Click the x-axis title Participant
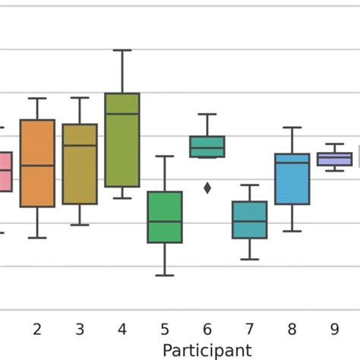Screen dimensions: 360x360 tap(207, 349)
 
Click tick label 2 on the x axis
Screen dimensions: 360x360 tap(36, 329)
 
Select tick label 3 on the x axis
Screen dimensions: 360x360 tap(79, 329)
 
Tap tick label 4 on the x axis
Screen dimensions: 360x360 tap(122, 329)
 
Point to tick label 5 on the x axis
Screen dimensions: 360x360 tap(165, 329)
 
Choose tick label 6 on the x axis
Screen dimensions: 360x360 tap(207, 329)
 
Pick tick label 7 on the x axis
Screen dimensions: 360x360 tap(250, 329)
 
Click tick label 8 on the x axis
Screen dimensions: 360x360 tap(292, 329)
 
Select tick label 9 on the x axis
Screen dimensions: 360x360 tap(335, 329)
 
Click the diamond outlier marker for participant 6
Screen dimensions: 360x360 tap(207, 188)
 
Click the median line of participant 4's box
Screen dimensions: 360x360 tap(122, 114)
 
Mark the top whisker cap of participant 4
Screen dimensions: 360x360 tap(122, 50)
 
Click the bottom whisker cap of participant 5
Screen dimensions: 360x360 tap(165, 275)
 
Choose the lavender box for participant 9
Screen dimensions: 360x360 tap(335, 159)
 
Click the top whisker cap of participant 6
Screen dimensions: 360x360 tap(207, 114)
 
